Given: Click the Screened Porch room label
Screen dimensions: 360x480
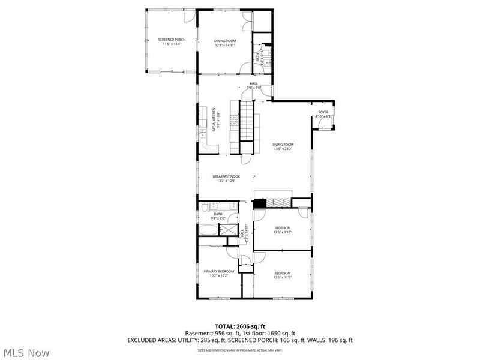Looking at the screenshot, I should tap(172, 40).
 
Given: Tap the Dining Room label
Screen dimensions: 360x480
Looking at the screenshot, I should tap(224, 40).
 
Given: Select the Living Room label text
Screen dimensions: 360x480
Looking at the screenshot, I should tap(283, 144).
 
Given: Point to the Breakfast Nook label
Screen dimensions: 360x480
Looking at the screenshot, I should tap(226, 176).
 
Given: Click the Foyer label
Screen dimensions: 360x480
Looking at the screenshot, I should tap(323, 112).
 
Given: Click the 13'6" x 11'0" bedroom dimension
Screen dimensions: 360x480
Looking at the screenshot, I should tap(282, 277).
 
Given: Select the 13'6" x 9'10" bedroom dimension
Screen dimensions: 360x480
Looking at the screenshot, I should tap(282, 233).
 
